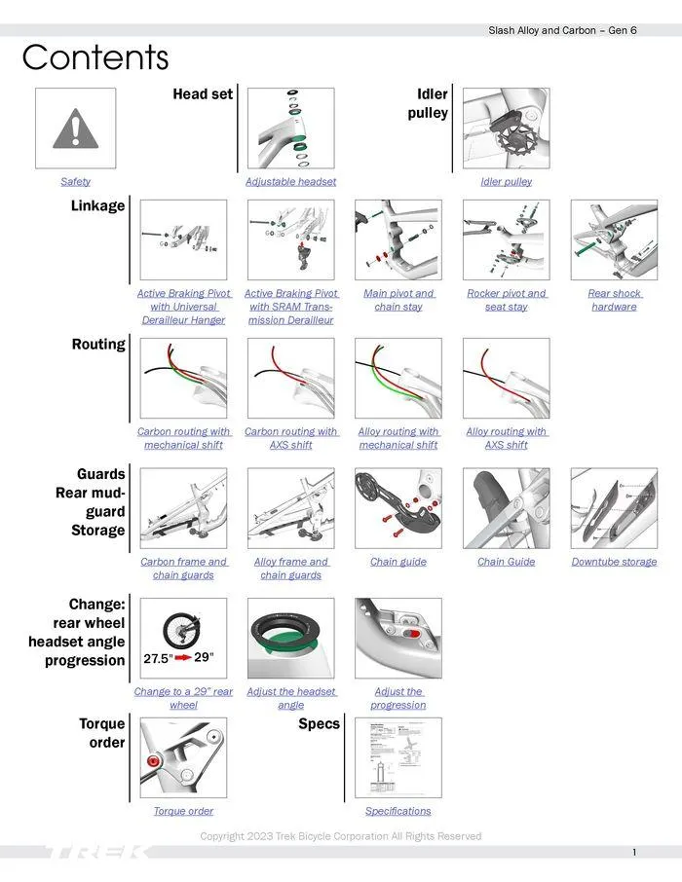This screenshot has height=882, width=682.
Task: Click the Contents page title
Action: [95, 58]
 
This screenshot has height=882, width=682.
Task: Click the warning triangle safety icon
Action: [75, 129]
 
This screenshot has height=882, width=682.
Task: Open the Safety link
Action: [75, 182]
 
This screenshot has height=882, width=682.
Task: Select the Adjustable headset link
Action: [290, 182]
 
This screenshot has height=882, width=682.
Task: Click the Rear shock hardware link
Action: [614, 300]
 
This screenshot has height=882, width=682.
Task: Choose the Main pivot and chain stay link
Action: [398, 300]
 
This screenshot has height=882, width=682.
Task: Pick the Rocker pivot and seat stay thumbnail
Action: [506, 240]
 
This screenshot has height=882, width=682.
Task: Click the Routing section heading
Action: [98, 345]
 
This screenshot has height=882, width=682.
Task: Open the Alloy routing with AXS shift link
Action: [506, 438]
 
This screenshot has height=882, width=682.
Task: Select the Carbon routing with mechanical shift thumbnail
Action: [183, 379]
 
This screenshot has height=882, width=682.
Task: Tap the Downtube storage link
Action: [614, 562]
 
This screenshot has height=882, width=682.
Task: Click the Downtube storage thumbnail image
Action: [614, 509]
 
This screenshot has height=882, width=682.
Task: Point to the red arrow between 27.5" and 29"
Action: [184, 658]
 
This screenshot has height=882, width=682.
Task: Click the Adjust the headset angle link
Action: [290, 698]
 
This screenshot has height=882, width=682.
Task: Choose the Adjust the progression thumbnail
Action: [398, 638]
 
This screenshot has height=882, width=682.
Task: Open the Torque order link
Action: [183, 811]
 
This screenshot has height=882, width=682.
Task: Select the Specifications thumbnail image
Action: [398, 759]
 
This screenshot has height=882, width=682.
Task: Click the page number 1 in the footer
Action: [634, 853]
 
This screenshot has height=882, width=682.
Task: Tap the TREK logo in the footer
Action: [97, 853]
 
